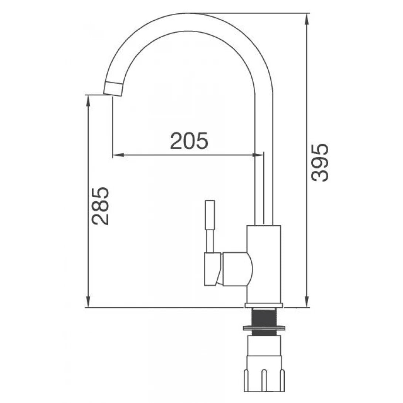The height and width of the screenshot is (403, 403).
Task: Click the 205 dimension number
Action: [189, 141]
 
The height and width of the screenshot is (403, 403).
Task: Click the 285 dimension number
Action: [101, 206]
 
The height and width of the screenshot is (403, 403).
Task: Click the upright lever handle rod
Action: [210, 226]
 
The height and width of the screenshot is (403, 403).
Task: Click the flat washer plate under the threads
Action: [264, 328]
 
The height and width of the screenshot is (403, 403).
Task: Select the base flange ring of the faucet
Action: [264, 305]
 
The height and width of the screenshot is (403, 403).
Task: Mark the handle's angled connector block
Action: [212, 269]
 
